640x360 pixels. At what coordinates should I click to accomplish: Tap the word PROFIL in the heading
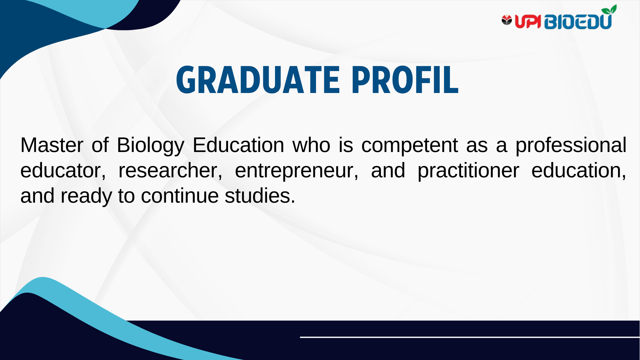click(x=405, y=80)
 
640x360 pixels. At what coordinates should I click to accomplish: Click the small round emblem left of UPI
click(x=507, y=20)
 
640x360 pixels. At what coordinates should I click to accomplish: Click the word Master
click(x=52, y=145)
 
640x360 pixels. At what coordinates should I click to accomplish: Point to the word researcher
click(x=170, y=171)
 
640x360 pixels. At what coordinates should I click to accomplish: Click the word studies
click(x=260, y=196)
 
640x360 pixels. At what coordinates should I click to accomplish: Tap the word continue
click(x=180, y=196)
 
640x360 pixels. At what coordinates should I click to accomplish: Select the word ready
click(x=86, y=196)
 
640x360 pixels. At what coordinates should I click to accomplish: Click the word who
click(x=311, y=145)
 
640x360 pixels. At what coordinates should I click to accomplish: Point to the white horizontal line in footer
click(x=470, y=337)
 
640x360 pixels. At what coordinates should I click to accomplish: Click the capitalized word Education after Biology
click(x=238, y=145)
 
